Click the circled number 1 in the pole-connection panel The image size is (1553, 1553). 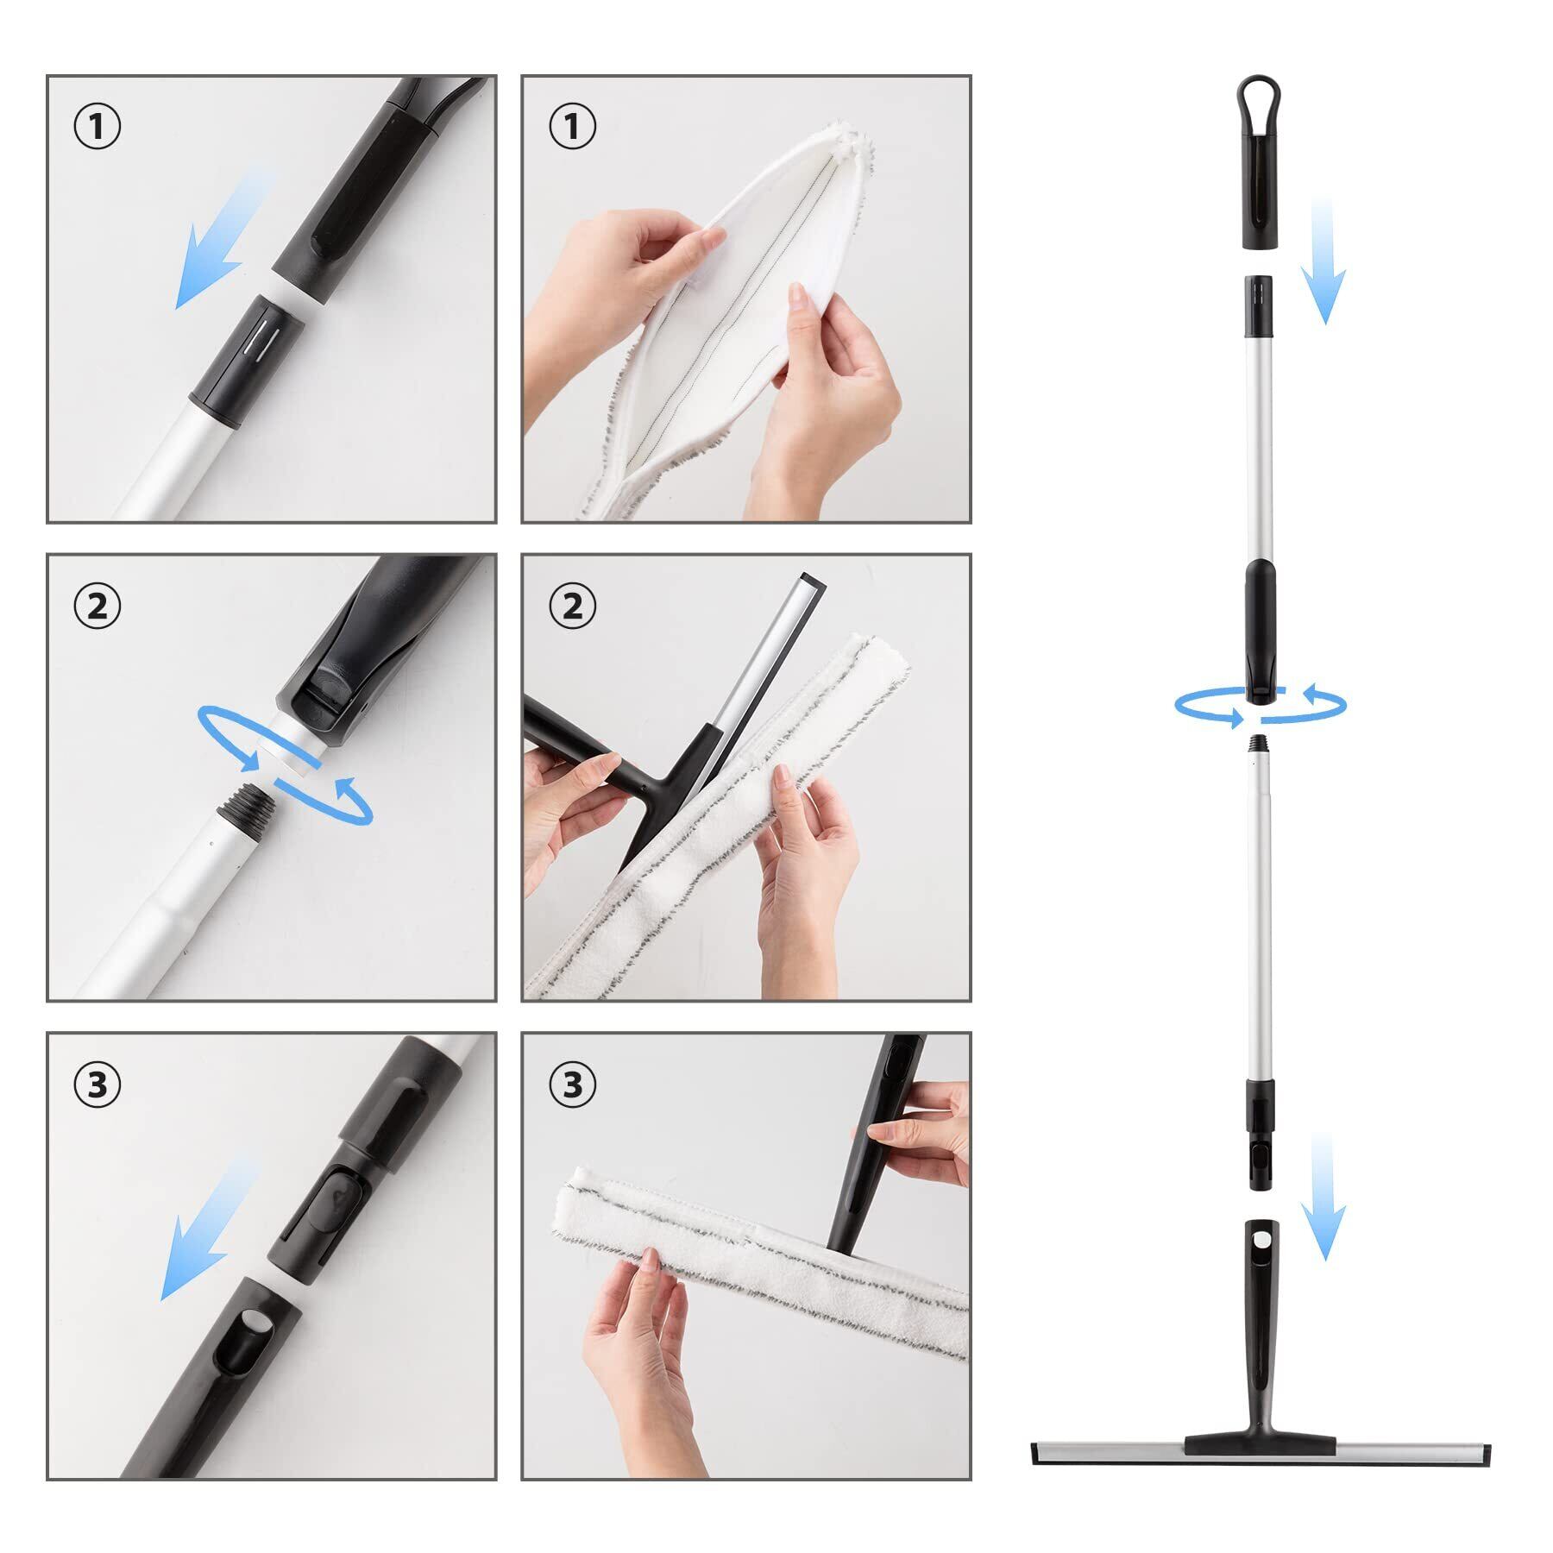point(97,126)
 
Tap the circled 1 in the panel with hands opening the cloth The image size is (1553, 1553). point(572,126)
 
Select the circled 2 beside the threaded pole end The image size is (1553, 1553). point(97,606)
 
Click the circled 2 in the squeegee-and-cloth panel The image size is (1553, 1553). point(572,606)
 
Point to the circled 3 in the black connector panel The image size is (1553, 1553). point(97,1085)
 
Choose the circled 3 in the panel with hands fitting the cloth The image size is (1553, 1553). point(572,1085)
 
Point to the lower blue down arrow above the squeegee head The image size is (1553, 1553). point(1324,1198)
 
